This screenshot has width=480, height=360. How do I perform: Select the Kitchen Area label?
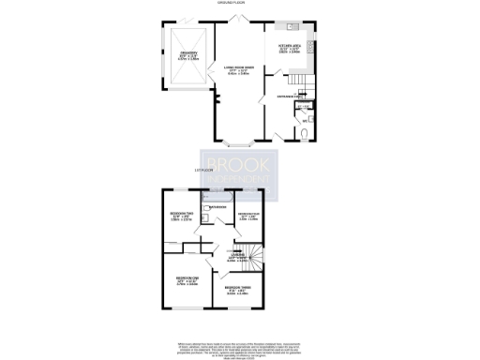(288, 45)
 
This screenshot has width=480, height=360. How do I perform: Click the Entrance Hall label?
(288, 97)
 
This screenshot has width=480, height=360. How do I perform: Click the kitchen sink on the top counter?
(292, 26)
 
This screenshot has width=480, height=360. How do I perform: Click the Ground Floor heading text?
(240, 4)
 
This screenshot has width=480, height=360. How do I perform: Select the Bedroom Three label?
(236, 289)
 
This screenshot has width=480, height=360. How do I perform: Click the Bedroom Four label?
(248, 217)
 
